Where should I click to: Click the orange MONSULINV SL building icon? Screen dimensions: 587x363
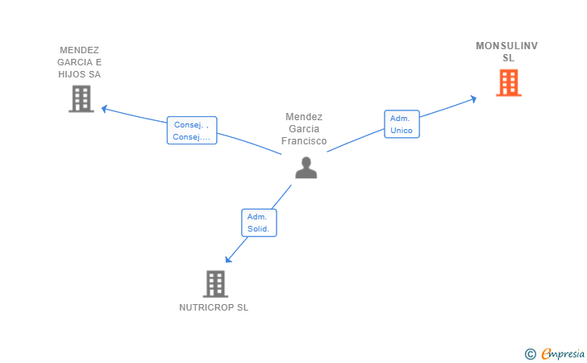point(508,83)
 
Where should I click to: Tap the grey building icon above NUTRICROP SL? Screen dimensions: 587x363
point(215,284)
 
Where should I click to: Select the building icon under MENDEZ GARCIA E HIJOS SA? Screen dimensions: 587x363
point(81,99)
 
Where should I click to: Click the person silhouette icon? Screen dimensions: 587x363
point(306,168)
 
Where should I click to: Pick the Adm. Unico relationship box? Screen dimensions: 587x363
point(402,124)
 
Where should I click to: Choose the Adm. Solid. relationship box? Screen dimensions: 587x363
point(259,223)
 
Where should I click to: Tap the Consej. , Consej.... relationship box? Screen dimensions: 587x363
point(192,131)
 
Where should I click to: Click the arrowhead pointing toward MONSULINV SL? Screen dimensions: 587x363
point(473,99)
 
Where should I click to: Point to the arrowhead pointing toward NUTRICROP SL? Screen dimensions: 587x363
point(228,259)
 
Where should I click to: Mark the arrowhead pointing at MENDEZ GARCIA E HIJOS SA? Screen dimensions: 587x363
point(105,109)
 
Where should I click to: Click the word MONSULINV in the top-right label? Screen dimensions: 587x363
point(507,46)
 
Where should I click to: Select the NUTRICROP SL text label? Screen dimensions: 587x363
point(214,307)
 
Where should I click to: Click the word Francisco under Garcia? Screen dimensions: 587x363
point(304,141)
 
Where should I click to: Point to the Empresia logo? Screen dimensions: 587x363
point(563,353)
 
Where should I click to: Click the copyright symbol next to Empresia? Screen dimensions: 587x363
point(531,354)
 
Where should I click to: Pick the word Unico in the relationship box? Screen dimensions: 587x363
point(402,131)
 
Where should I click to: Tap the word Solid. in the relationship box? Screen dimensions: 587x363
point(258,229)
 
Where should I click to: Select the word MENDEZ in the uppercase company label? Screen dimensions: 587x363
point(79,50)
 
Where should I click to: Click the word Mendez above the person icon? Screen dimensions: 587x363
point(304,117)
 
